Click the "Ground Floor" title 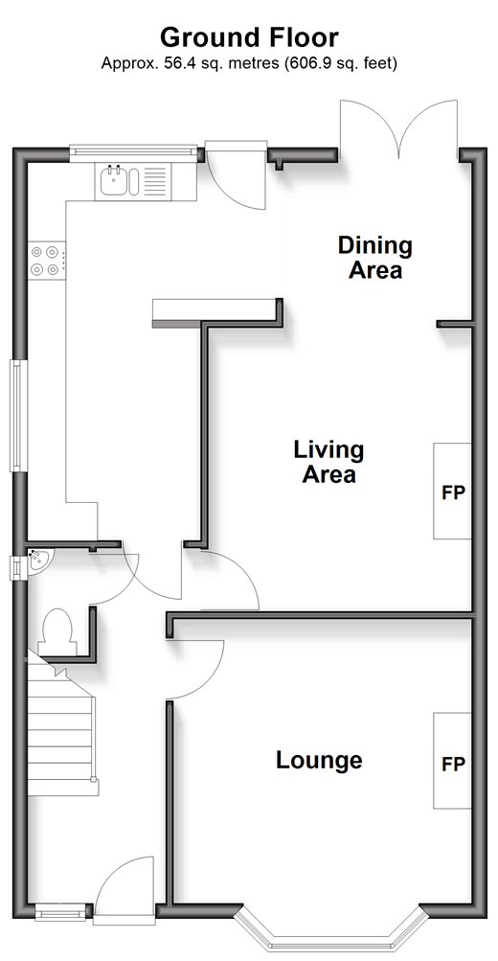click(x=249, y=37)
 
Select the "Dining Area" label click(x=374, y=258)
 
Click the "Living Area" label click(x=328, y=462)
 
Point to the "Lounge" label click(x=319, y=760)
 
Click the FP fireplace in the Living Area click(x=453, y=492)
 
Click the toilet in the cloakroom click(x=57, y=631)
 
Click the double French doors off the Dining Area click(x=398, y=127)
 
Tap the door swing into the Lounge click(x=195, y=670)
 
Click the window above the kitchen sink click(x=133, y=152)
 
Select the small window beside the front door click(x=60, y=912)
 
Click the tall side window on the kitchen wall click(x=18, y=416)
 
